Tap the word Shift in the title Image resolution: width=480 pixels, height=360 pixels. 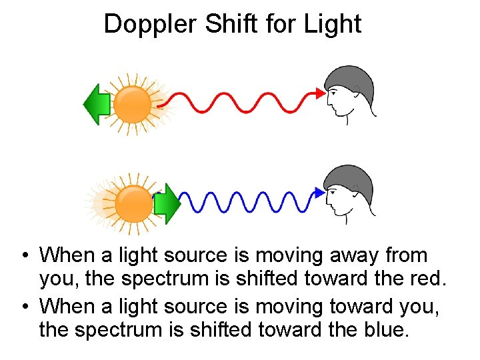(x=224, y=24)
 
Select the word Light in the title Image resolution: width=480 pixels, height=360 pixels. (x=331, y=24)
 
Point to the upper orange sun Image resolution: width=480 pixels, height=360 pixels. (x=133, y=105)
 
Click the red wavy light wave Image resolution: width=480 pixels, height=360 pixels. (x=240, y=103)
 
